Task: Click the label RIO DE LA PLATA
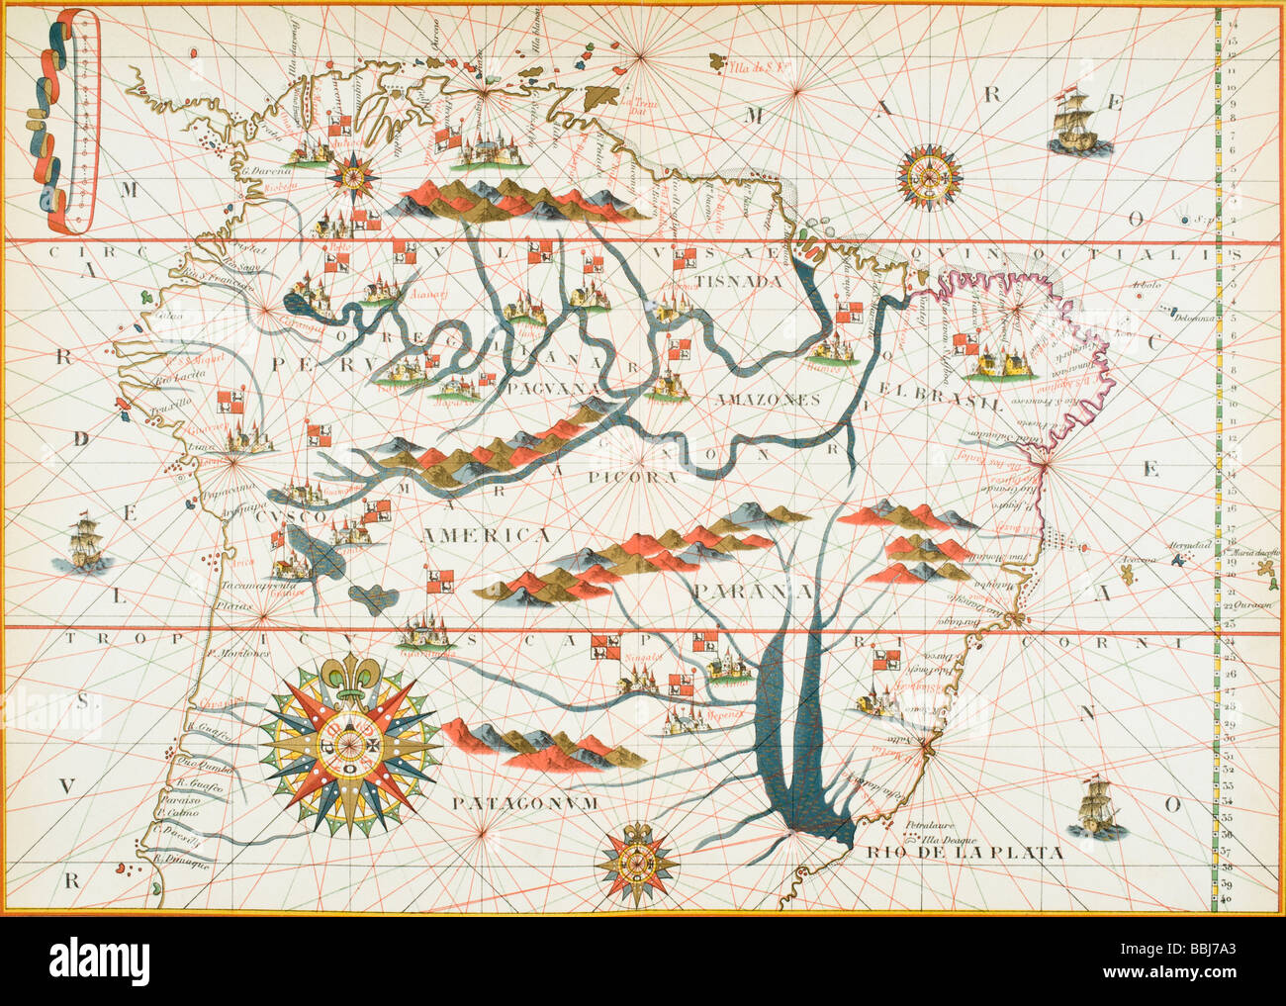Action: (x=964, y=852)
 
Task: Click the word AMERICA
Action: (x=486, y=535)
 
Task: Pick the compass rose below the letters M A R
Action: (x=928, y=177)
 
